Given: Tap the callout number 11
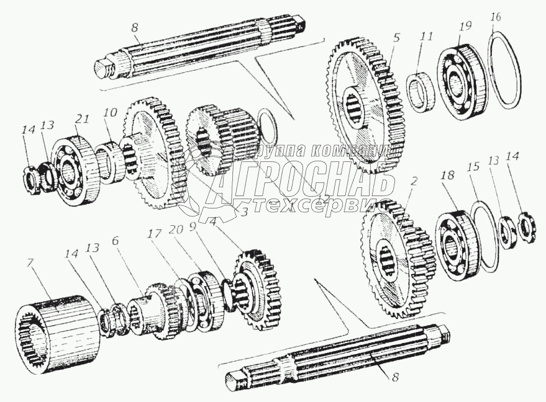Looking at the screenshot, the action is pos(425,37).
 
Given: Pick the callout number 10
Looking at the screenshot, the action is pos(110,114).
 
